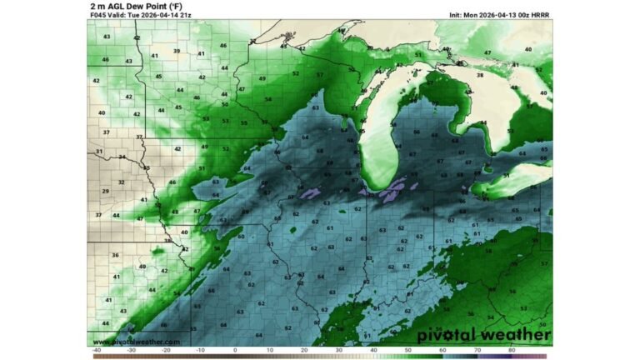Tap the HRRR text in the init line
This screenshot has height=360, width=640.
(x=542, y=14)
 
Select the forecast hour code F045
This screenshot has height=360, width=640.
(x=98, y=14)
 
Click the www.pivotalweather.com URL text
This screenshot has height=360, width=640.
(x=136, y=342)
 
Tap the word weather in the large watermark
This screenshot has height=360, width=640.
(x=511, y=335)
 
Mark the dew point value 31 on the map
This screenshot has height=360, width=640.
(x=99, y=152)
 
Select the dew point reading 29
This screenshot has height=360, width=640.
(x=105, y=191)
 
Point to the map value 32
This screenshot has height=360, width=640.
(x=122, y=181)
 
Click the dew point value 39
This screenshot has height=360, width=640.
(x=177, y=51)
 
